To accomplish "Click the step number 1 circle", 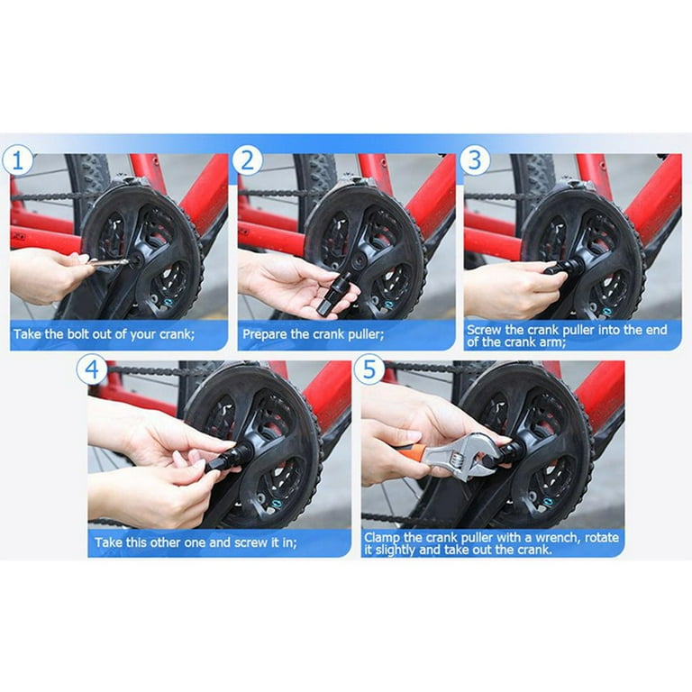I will (19, 162).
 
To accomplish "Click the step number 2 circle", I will (246, 162).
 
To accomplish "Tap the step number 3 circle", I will (474, 161).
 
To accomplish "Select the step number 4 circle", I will (92, 370).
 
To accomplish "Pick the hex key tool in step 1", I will (108, 262).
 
